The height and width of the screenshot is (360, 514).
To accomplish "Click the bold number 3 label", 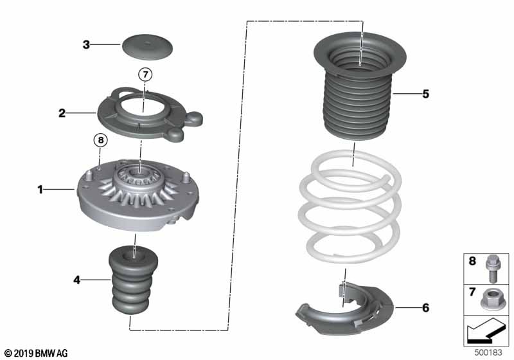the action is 86,44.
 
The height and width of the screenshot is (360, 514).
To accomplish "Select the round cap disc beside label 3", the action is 148,47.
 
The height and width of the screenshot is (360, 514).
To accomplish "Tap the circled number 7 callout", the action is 145,75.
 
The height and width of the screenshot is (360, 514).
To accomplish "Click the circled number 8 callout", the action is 101,140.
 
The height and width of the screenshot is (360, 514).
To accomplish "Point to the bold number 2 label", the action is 62,113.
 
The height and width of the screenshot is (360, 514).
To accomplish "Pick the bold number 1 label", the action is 40,189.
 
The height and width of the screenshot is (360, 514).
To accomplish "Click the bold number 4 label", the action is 76,280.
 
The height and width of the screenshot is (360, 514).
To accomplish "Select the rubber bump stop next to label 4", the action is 133,280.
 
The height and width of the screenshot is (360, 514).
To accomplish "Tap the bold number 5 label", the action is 425,94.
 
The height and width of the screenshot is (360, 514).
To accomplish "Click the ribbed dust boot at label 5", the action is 360,86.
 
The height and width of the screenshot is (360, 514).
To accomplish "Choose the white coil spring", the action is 350,206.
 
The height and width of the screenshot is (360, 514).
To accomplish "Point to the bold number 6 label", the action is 425,308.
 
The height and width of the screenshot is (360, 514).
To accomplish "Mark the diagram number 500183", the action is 488,352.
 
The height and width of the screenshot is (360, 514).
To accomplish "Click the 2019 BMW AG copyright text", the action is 36,354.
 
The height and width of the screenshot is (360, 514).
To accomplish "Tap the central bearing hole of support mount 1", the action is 139,173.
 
